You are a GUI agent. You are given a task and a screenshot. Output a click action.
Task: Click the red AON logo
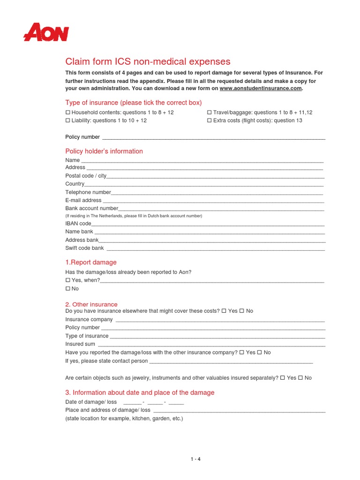(x=46, y=33)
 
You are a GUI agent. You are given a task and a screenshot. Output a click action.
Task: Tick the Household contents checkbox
(x=67, y=112)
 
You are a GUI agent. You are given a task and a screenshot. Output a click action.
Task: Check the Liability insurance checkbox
(x=67, y=120)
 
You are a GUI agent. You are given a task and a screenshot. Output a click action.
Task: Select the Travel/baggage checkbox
(x=209, y=112)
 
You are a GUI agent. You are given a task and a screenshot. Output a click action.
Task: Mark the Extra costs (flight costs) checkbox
(x=209, y=120)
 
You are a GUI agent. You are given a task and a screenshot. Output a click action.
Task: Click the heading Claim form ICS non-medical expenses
(x=148, y=61)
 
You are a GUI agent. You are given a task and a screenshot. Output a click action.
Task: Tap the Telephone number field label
(x=88, y=192)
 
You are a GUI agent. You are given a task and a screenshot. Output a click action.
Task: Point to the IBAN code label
(x=78, y=224)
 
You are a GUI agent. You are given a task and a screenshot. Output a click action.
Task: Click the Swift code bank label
(x=84, y=248)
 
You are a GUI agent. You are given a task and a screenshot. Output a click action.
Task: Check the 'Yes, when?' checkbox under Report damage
(x=67, y=280)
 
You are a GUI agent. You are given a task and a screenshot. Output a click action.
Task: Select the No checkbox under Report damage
(x=67, y=289)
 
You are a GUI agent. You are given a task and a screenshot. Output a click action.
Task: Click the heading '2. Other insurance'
(x=91, y=304)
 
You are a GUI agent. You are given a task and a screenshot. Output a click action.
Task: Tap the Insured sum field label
(x=80, y=344)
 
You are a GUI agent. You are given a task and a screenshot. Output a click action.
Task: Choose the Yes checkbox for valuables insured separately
(x=283, y=378)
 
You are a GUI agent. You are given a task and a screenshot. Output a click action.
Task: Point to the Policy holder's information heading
(x=104, y=151)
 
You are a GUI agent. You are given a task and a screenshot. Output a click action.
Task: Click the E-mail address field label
(x=83, y=200)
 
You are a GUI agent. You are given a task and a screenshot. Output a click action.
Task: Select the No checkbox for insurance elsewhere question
(x=242, y=311)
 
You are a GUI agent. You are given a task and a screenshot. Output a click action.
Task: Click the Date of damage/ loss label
(x=91, y=402)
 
